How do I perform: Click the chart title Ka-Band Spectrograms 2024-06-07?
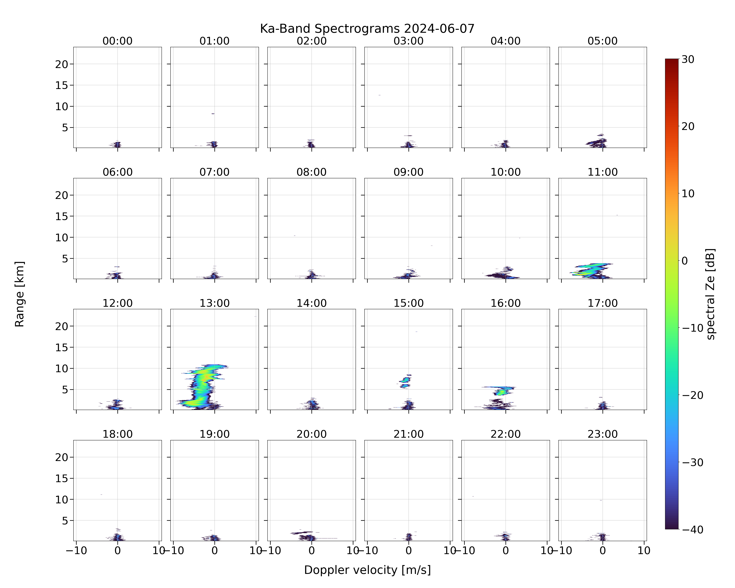(x=367, y=29)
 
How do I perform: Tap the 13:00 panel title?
(x=214, y=303)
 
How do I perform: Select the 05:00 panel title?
(x=602, y=41)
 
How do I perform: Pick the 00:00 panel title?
(x=118, y=41)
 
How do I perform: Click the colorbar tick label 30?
(x=688, y=59)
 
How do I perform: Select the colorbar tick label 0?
(x=685, y=261)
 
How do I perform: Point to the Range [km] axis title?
(x=19, y=294)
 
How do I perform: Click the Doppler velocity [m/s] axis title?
(x=367, y=570)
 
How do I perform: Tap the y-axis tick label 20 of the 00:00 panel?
(x=62, y=64)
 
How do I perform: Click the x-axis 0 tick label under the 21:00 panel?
(x=408, y=551)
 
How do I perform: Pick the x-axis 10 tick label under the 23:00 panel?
(x=644, y=551)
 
